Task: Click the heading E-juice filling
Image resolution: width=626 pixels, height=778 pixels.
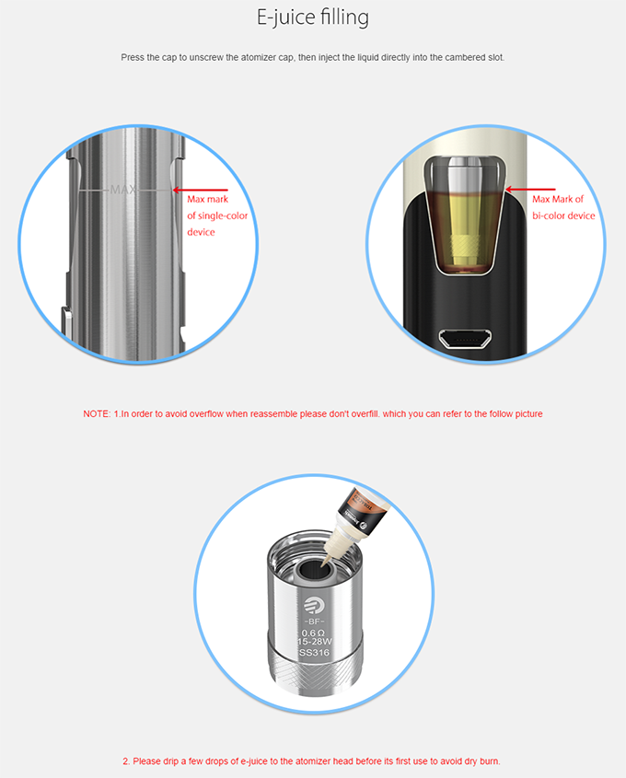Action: pyautogui.click(x=313, y=18)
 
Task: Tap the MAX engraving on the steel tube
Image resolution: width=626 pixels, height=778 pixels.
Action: pyautogui.click(x=122, y=191)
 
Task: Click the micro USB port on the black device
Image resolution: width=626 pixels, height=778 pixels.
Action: pyautogui.click(x=465, y=340)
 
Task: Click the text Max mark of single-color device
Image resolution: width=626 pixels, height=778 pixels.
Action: pyautogui.click(x=217, y=215)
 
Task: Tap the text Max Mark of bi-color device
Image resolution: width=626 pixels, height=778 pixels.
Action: pyautogui.click(x=563, y=207)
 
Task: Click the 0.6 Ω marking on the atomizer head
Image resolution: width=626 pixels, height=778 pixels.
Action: pyautogui.click(x=313, y=633)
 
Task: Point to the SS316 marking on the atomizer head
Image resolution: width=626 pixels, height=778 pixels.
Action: pyautogui.click(x=313, y=653)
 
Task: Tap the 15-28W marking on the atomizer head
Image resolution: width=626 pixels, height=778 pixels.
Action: pyautogui.click(x=313, y=643)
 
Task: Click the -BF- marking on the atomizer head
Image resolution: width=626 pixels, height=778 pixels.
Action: pyautogui.click(x=313, y=622)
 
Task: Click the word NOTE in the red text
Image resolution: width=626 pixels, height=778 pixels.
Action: pyautogui.click(x=96, y=414)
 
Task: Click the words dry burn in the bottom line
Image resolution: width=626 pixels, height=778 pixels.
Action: pyautogui.click(x=479, y=761)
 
